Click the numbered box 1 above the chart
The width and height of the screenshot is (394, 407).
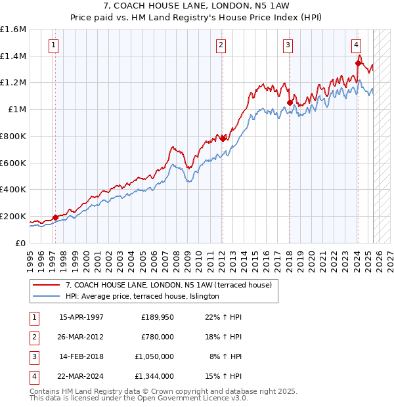pyautogui.click(x=53, y=45)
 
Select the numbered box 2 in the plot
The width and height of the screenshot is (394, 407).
pyautogui.click(x=221, y=45)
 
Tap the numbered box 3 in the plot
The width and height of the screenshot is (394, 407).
pyautogui.click(x=288, y=45)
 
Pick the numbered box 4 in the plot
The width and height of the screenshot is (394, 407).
pyautogui.click(x=355, y=45)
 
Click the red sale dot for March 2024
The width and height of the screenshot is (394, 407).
pyautogui.click(x=358, y=64)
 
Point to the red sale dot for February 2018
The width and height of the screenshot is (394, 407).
pyautogui.click(x=290, y=102)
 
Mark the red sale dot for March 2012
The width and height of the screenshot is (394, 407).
pyautogui.click(x=223, y=139)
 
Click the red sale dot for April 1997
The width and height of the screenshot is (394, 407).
pyautogui.click(x=55, y=217)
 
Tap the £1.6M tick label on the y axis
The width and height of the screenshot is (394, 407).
pyautogui.click(x=13, y=30)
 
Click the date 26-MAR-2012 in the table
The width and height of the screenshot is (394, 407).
pyautogui.click(x=81, y=337)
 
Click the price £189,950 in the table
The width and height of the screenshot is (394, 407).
pyautogui.click(x=157, y=317)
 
